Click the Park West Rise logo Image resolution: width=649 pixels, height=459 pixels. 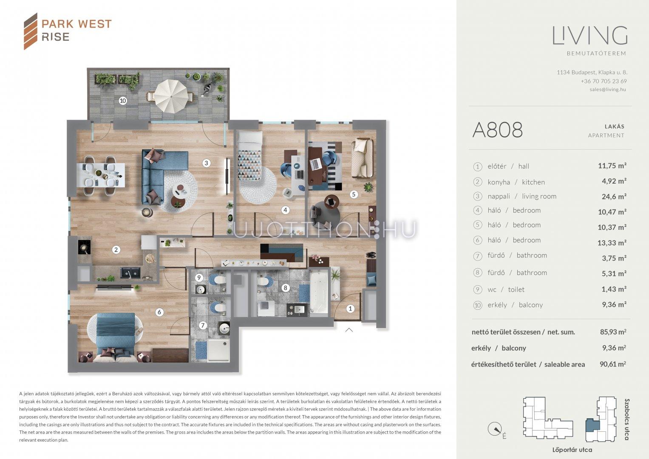[68, 31]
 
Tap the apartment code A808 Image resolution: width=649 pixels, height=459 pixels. [497, 130]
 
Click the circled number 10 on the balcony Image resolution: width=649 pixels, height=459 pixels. [123, 101]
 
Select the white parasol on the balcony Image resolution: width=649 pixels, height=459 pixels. [171, 96]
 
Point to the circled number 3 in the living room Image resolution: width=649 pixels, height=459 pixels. [206, 163]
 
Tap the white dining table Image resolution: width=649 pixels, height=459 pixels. [101, 175]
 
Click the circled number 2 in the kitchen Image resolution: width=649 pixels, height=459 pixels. [116, 249]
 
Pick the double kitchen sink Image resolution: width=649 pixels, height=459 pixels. [130, 273]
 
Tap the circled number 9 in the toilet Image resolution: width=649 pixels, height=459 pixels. [199, 278]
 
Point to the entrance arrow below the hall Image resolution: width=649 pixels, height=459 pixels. [349, 330]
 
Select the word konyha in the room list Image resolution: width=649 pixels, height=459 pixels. [499, 182]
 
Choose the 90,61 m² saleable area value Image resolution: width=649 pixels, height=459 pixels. [613, 364]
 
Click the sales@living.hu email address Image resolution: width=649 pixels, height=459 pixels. [608, 90]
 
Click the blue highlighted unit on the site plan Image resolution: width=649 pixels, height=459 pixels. [592, 425]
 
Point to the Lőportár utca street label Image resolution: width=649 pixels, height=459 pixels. [572, 450]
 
